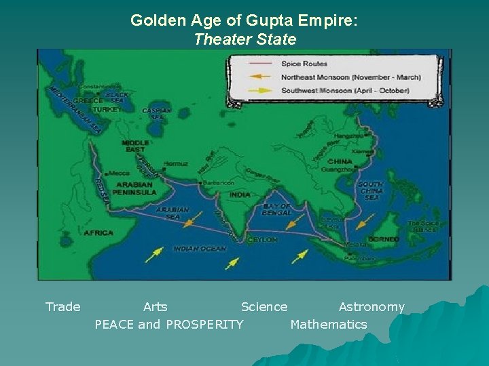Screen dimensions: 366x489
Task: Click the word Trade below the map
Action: (x=62, y=307)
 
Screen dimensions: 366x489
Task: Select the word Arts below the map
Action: (x=156, y=307)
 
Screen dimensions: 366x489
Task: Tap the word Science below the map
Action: (x=264, y=307)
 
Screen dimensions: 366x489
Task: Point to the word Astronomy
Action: (x=372, y=307)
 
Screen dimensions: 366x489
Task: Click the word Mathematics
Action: (x=329, y=325)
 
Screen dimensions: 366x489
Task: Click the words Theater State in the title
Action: (x=244, y=39)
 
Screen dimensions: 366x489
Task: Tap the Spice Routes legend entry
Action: (x=304, y=64)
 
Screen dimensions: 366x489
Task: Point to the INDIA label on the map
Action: (x=240, y=195)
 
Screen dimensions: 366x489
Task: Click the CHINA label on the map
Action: (x=340, y=161)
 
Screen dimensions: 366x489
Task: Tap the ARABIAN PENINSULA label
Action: (x=134, y=188)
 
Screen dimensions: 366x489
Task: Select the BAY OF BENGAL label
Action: (x=276, y=209)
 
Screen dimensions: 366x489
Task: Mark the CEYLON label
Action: (x=262, y=239)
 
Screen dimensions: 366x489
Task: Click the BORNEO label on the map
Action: (x=383, y=239)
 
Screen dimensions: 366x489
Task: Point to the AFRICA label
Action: (x=98, y=233)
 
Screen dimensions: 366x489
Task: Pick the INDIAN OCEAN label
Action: (x=199, y=249)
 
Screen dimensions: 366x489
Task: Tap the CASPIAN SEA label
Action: (x=156, y=114)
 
